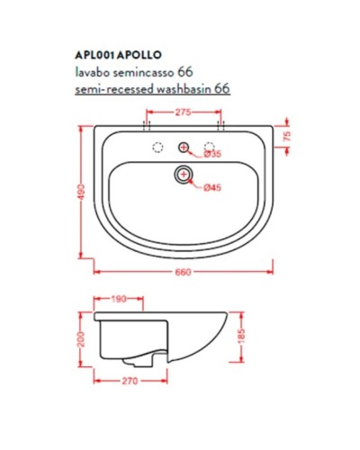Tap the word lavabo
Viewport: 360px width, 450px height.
(90, 70)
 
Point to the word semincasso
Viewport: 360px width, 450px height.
(144, 70)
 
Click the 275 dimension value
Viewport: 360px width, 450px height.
(184, 112)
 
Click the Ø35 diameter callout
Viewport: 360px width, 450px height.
(212, 154)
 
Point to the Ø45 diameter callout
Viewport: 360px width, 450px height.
(212, 186)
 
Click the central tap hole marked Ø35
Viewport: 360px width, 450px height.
(184, 147)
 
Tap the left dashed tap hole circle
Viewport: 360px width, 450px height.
(157, 147)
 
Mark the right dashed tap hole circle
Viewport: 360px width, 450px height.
(211, 146)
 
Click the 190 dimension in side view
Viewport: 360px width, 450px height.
(117, 299)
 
